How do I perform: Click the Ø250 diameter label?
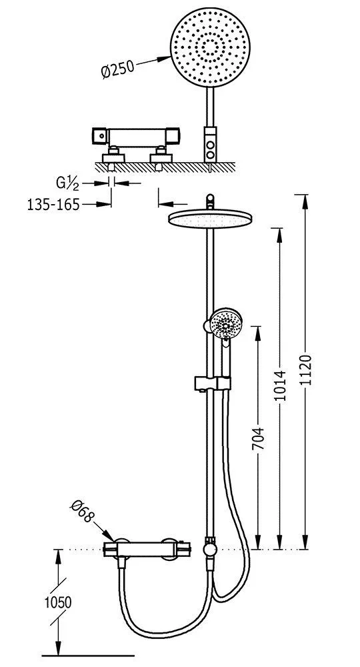pyautogui.click(x=118, y=69)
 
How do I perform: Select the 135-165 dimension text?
pyautogui.click(x=53, y=205)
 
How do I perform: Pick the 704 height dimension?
pyautogui.click(x=259, y=438)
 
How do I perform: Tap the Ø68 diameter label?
pyautogui.click(x=83, y=511)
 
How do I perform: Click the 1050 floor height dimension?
pyautogui.click(x=58, y=602)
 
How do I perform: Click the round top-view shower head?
pyautogui.click(x=211, y=47)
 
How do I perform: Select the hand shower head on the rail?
pyautogui.click(x=226, y=323)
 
